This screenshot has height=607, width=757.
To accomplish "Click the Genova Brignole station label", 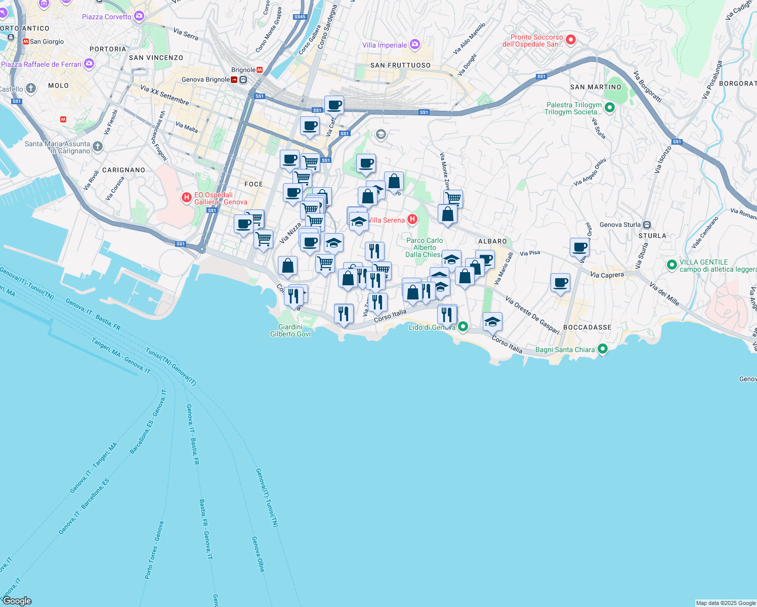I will pos(205,79).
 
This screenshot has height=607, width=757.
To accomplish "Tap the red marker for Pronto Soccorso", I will pos(571,39).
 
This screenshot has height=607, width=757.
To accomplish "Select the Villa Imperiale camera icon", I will pos(415,45).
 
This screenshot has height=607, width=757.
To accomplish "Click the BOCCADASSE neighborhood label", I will pos(587,327).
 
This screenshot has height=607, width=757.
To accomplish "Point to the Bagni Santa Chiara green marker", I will pos(602,349).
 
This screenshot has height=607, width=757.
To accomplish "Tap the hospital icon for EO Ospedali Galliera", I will pos(186,197).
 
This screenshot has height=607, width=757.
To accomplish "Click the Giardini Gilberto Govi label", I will pos(290,330).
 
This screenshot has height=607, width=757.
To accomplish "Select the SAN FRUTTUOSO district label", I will pos(400,65).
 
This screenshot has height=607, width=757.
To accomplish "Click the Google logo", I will pos(17,601).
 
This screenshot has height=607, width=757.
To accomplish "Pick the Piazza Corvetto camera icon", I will pos(139,16).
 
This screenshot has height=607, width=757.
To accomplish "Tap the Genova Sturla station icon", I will pos(647,225).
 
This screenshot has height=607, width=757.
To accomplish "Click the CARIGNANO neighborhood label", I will pos(123,170).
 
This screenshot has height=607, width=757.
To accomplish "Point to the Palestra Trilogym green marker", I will pos(610,107).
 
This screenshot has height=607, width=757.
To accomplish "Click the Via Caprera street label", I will pos(607,275).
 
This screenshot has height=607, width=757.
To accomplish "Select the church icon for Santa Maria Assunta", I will pos(98,147).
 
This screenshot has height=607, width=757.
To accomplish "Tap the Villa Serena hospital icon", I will pos(412,219).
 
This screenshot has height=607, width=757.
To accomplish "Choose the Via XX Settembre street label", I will pos(164,95).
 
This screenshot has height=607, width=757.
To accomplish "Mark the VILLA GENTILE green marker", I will pos(671,265).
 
